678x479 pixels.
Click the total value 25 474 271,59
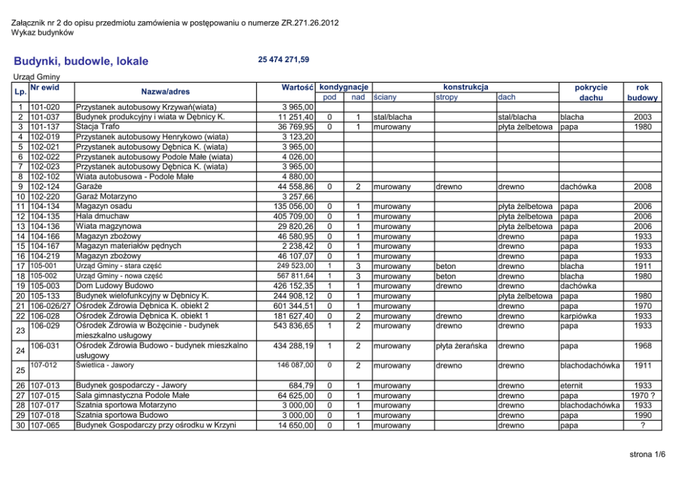coord(284,60)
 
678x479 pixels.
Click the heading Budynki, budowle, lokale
coord(81,61)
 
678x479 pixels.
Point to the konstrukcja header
coord(465,87)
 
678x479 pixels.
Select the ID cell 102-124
coord(45,186)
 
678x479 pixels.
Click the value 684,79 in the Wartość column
coord(301,385)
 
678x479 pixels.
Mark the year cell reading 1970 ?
coord(643,396)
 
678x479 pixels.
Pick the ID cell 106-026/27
coord(51,305)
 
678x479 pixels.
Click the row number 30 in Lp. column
coord(22,426)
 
